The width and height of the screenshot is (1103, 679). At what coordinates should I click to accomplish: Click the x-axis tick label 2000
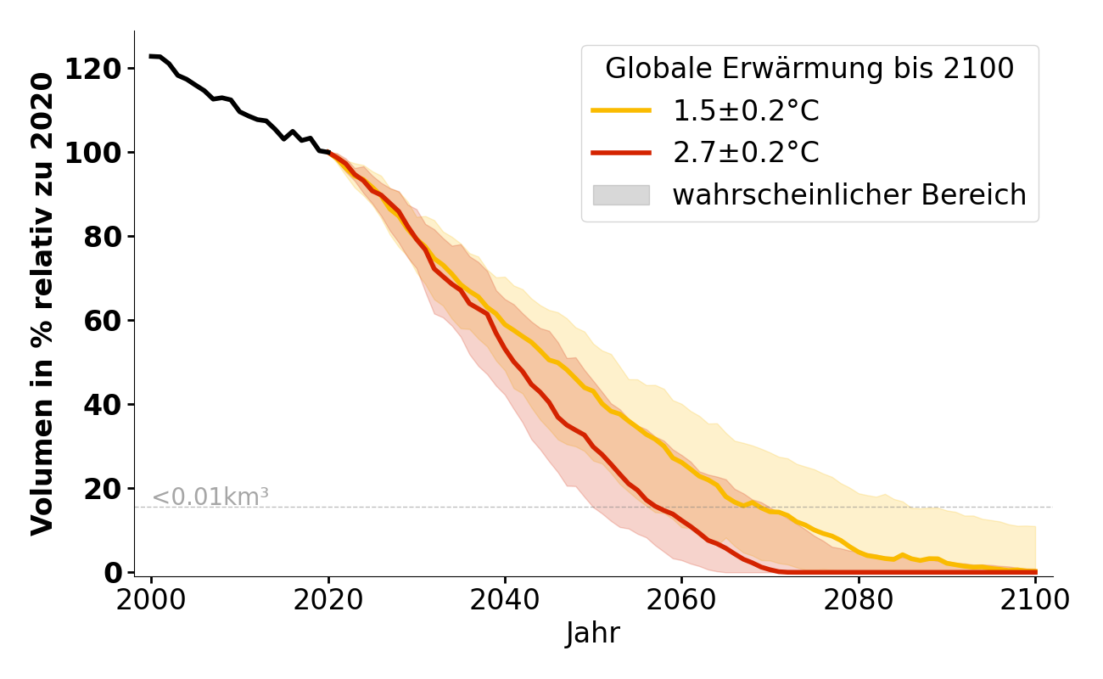(x=151, y=599)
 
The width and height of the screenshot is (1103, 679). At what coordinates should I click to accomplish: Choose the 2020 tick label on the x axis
(x=328, y=599)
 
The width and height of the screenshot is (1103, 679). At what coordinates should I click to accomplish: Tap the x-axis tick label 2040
(x=505, y=599)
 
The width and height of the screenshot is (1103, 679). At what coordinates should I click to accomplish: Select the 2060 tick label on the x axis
(x=681, y=599)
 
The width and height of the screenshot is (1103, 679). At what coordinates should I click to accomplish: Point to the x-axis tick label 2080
(x=859, y=599)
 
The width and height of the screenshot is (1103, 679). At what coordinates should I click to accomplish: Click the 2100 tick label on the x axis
(x=1035, y=599)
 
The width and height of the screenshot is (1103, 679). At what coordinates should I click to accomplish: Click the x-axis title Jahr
(x=593, y=633)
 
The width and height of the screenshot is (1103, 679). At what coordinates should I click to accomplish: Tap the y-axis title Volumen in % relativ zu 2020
(x=42, y=303)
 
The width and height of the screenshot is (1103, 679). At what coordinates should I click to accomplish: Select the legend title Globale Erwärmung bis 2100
(x=809, y=69)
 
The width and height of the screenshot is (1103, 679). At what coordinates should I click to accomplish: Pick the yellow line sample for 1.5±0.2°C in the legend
(x=621, y=110)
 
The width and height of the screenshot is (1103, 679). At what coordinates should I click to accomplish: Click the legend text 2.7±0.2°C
(x=746, y=153)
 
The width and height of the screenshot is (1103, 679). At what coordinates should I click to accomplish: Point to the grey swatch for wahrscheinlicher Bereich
(x=621, y=195)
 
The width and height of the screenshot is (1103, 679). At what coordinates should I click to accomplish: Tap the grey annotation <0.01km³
(x=210, y=497)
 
